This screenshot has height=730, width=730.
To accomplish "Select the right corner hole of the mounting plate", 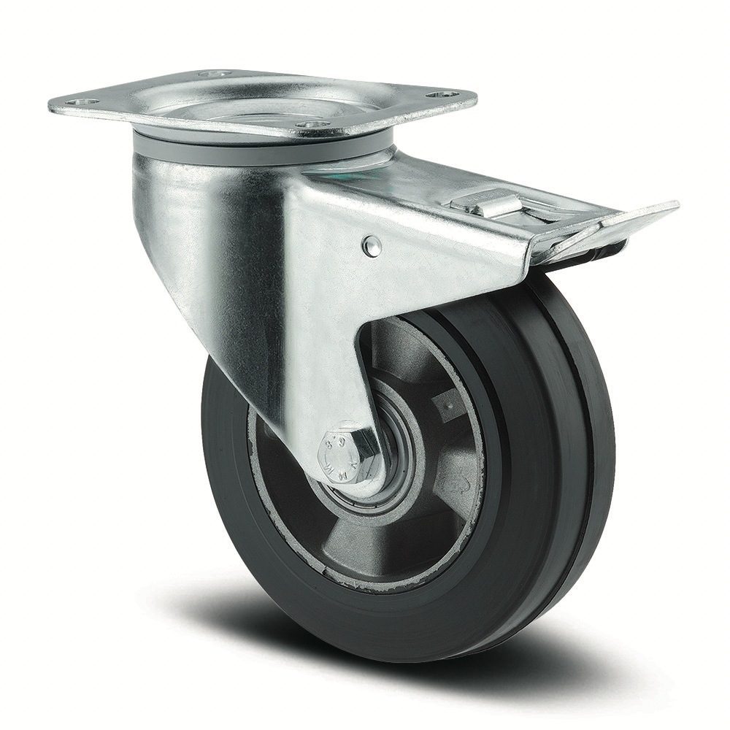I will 441,94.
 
